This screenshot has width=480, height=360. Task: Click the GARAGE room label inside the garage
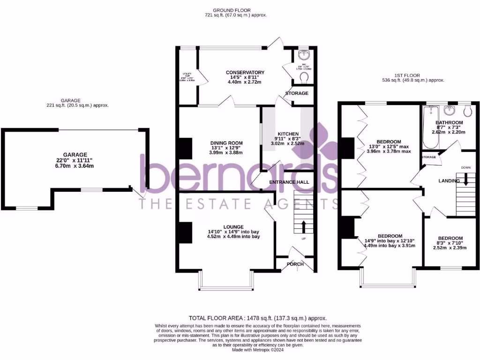click(x=75, y=155)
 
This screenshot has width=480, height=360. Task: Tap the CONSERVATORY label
click(x=245, y=73)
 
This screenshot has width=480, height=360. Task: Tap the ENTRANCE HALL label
click(x=289, y=182)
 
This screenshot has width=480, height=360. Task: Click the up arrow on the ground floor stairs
click(x=303, y=227)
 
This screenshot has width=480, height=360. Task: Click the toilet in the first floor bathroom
click(x=467, y=111)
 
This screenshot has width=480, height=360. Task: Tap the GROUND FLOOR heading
click(x=232, y=10)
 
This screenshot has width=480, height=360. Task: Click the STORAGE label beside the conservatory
click(x=297, y=93)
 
